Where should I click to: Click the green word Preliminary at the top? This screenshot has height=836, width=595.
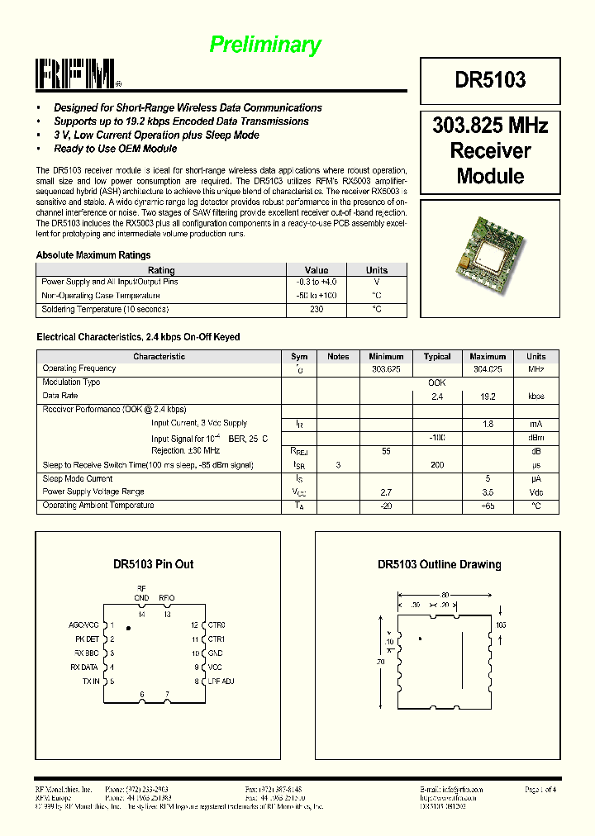pyautogui.click(x=265, y=45)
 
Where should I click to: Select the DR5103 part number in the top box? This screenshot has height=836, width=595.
pyautogui.click(x=490, y=80)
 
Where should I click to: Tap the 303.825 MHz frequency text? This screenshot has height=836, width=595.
pyautogui.click(x=490, y=126)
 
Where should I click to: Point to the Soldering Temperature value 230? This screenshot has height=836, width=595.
pyautogui.click(x=317, y=310)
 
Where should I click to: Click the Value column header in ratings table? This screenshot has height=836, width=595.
pyautogui.click(x=317, y=270)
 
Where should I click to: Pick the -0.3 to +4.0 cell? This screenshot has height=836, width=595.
pyautogui.click(x=317, y=283)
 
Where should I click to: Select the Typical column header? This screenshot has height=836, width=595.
pyautogui.click(x=437, y=357)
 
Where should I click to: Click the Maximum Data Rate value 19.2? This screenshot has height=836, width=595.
pyautogui.click(x=488, y=397)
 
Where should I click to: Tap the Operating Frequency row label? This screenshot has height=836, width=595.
pyautogui.click(x=79, y=369)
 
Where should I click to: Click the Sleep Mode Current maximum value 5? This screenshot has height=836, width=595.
pyautogui.click(x=488, y=479)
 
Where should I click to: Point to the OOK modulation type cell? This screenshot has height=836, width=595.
pyautogui.click(x=437, y=383)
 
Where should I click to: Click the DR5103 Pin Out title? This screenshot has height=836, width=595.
pyautogui.click(x=154, y=564)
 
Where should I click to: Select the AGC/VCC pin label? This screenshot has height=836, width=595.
pyautogui.click(x=84, y=625)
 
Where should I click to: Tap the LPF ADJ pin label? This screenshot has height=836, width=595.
pyautogui.click(x=221, y=682)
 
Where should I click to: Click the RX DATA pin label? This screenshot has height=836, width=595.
pyautogui.click(x=84, y=667)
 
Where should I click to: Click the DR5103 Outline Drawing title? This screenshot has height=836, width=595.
pyautogui.click(x=440, y=564)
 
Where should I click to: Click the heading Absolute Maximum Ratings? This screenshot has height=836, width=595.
pyautogui.click(x=93, y=255)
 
